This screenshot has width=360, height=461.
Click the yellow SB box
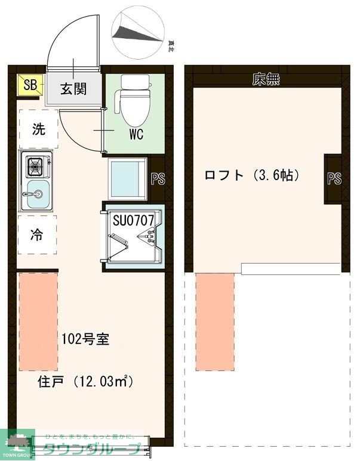click(29, 85)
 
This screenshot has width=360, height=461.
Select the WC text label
click(136, 134)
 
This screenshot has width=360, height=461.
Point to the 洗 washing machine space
click(38, 129)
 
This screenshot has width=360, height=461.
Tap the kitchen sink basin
click(36, 194)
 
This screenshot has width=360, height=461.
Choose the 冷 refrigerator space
click(37, 235)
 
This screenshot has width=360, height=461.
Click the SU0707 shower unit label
click(134, 220)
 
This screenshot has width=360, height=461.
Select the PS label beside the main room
click(158, 180)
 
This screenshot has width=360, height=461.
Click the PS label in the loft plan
click(334, 178)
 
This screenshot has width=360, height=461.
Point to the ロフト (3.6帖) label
click(251, 175)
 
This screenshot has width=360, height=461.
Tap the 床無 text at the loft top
click(266, 79)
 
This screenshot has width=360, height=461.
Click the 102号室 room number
click(85, 339)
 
